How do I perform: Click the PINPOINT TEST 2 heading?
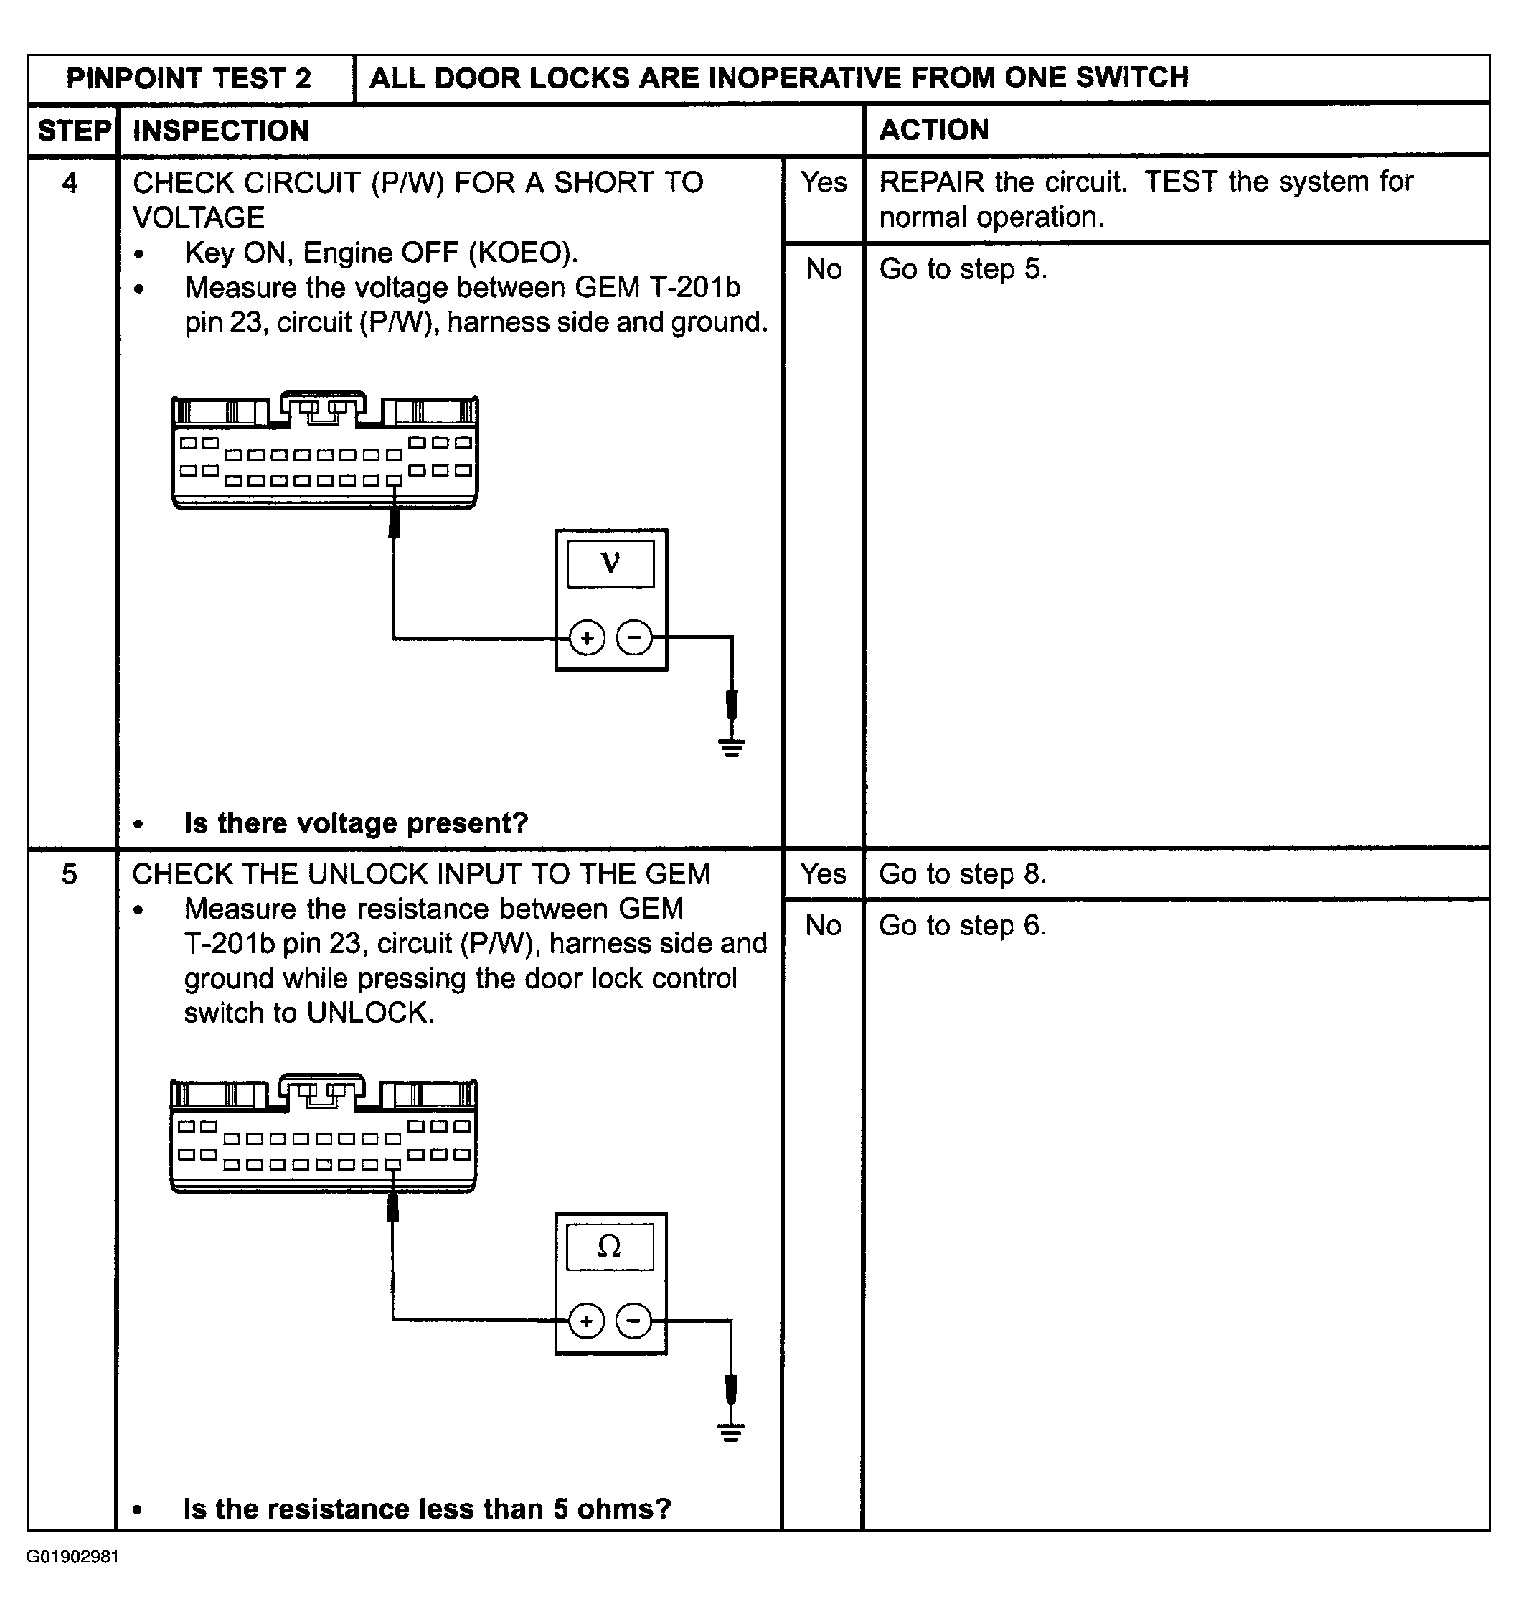pyautogui.click(x=189, y=79)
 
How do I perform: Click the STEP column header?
pyautogui.click(x=74, y=131)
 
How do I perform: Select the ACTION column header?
pyautogui.click(x=934, y=130)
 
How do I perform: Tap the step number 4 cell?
pyautogui.click(x=70, y=183)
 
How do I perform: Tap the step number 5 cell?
pyautogui.click(x=70, y=874)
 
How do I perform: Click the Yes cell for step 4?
pyautogui.click(x=824, y=183)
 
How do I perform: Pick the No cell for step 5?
pyautogui.click(x=823, y=926)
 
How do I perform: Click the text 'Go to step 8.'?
pyautogui.click(x=963, y=874)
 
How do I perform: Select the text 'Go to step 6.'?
pyautogui.click(x=963, y=926)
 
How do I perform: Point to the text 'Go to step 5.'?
pyautogui.click(x=963, y=269)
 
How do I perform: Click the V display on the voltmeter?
pyautogui.click(x=610, y=563)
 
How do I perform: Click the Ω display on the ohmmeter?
pyautogui.click(x=609, y=1246)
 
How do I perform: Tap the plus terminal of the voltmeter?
pyautogui.click(x=587, y=638)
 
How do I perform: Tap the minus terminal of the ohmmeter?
pyautogui.click(x=634, y=1321)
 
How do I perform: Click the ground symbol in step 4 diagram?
pyautogui.click(x=732, y=746)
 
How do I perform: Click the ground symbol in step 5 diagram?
pyautogui.click(x=731, y=1432)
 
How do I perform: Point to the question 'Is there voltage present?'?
pyautogui.click(x=356, y=823)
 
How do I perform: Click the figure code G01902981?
pyautogui.click(x=72, y=1557)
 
